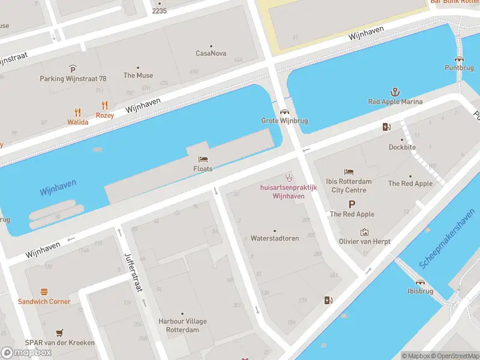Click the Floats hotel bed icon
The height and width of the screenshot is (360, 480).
coord(203,160)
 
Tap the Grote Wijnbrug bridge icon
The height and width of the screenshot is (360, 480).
coord(284,112)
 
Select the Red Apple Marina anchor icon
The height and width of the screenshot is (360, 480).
coord(395,92)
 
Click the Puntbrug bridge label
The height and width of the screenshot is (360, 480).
coord(459,68)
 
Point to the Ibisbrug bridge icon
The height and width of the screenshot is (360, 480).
coord(421,281)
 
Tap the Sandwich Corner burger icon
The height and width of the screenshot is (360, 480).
coord(44,292)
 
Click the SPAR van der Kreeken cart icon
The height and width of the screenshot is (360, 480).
coord(59,332)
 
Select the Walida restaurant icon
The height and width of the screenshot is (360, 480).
coord(77,112)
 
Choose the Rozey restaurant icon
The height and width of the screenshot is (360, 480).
coord(105,105)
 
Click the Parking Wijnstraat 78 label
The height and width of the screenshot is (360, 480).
coord(73,79)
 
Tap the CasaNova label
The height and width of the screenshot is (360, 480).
coord(211,53)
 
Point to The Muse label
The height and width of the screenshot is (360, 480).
coord(138,76)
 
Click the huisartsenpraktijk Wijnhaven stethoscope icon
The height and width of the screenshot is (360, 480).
coord(289,178)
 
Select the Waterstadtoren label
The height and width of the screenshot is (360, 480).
coord(275,238)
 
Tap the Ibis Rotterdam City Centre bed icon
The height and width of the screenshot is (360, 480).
coord(349,172)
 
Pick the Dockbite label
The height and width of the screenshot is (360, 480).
coord(402,147)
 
